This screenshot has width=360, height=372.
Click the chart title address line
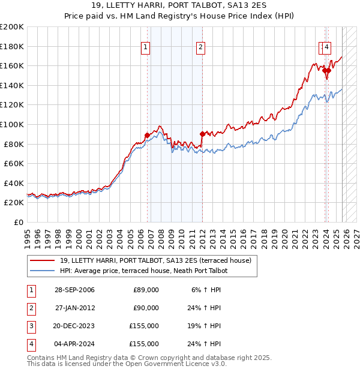[180, 5]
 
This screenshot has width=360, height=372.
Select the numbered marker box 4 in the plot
[328, 47]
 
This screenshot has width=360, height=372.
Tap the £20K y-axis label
[14, 203]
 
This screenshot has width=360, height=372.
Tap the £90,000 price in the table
[146, 308]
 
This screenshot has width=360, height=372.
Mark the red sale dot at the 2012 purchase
[202, 134]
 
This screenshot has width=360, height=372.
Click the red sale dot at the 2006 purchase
[148, 135]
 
